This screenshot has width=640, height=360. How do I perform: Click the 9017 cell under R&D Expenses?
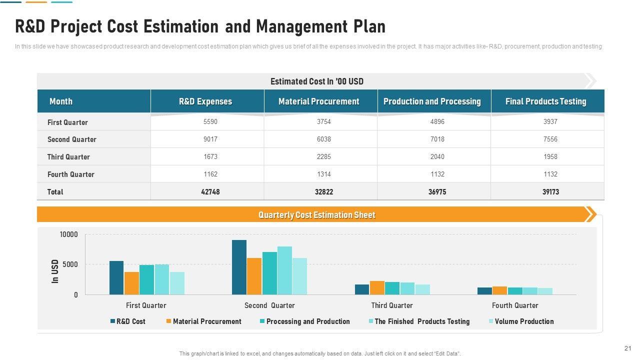[210, 139]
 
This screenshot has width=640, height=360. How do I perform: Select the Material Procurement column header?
[318, 101]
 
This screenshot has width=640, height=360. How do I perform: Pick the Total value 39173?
[550, 192]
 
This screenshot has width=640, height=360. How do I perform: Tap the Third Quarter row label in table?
[68, 157]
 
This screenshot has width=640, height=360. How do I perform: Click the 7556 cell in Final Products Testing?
[550, 139]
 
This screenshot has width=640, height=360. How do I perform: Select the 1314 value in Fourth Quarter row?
[323, 174]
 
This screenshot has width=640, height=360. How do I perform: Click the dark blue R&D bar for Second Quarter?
[239, 267]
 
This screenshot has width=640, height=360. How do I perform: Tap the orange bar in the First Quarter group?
[131, 283]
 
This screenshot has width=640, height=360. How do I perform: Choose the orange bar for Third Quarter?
[377, 287]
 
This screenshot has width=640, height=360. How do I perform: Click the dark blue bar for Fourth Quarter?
[484, 290]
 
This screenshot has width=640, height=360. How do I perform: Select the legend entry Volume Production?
[524, 321]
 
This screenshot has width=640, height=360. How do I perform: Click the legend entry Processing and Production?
[307, 321]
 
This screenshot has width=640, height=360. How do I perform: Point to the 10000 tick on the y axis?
[69, 234]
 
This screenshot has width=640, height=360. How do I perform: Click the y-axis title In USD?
[55, 271]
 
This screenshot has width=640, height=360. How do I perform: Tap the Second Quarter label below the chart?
[269, 305]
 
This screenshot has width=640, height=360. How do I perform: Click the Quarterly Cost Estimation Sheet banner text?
[316, 215]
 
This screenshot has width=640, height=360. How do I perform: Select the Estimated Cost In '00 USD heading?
[316, 81]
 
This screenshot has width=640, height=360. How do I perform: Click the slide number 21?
[628, 348]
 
